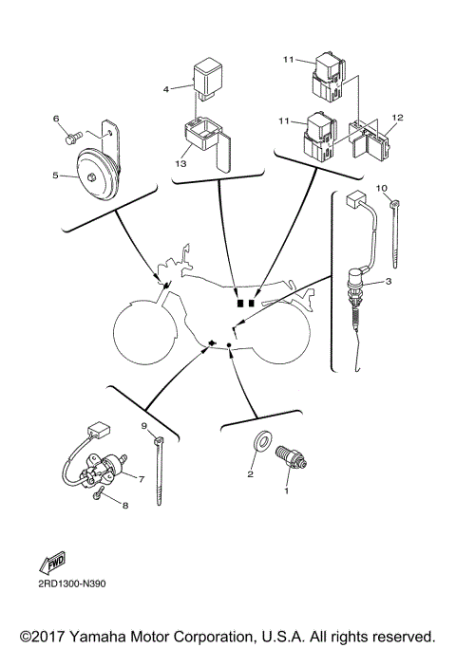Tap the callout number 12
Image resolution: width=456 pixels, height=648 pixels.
(397, 117)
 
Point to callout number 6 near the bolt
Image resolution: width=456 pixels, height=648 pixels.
(56, 119)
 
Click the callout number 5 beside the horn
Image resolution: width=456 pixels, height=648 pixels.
(55, 176)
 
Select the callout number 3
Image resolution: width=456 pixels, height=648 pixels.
(389, 284)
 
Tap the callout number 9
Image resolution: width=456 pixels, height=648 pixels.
(145, 426)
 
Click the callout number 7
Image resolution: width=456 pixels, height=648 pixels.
(141, 479)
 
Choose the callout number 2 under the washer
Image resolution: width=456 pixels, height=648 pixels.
(251, 472)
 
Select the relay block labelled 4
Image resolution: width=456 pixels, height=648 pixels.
(207, 76)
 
